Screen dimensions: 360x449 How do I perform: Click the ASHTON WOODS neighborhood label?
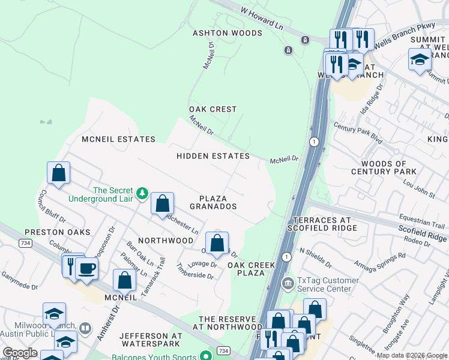(227, 33)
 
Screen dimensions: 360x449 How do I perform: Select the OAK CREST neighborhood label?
(213, 109)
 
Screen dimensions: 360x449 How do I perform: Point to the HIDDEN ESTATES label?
(212, 156)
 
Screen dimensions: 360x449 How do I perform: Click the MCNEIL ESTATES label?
(118, 139)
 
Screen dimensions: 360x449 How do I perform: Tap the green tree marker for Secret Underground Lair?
(142, 193)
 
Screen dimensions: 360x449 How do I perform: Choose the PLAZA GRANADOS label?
(213, 202)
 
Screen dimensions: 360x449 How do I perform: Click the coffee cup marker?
(86, 268)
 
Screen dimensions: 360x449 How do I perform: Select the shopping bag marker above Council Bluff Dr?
(59, 173)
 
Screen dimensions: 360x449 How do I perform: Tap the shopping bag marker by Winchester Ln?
(163, 203)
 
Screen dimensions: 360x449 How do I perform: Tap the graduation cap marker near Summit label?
(420, 59)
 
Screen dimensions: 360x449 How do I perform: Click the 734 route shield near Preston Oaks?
(25, 242)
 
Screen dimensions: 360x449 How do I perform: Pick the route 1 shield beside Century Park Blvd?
(313, 142)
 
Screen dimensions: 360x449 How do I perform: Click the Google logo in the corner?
(20, 353)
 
